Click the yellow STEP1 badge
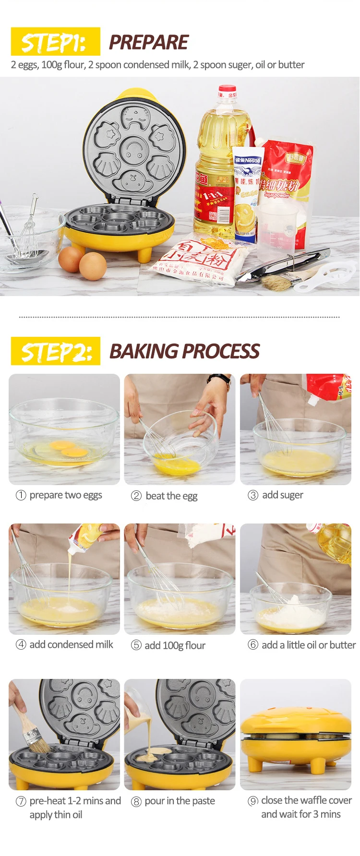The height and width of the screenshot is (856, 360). [x=55, y=42]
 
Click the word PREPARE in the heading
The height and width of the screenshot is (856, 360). [x=148, y=42]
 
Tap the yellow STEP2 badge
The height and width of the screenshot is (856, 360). [x=56, y=351]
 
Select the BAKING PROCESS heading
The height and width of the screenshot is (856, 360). [x=184, y=351]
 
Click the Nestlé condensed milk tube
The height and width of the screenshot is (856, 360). [x=247, y=192]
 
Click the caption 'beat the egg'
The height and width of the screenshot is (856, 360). [x=171, y=496]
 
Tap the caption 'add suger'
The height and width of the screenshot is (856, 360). [x=282, y=495]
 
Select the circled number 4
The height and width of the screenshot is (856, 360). [x=21, y=644]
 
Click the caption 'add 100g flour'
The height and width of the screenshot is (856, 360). [x=175, y=645]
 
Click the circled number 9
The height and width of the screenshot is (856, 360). [x=253, y=801]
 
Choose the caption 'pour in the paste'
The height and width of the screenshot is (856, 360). [x=180, y=801]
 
